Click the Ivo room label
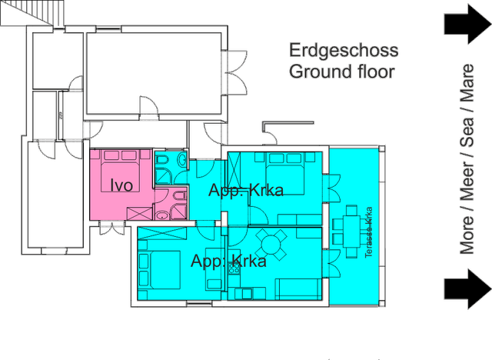click(x=121, y=185)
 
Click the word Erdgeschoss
click(x=344, y=51)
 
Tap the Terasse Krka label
click(x=369, y=232)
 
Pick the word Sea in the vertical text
click(x=467, y=132)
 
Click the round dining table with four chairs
click(x=271, y=245)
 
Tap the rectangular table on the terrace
click(x=352, y=232)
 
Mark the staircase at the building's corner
click(x=32, y=13)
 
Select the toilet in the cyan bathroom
click(x=162, y=161)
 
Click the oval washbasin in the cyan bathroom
click(x=182, y=159)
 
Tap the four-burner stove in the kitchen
click(x=234, y=268)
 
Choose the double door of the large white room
click(x=236, y=72)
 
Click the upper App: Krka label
click(x=246, y=190)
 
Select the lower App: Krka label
click(x=228, y=261)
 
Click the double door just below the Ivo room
click(x=112, y=228)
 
